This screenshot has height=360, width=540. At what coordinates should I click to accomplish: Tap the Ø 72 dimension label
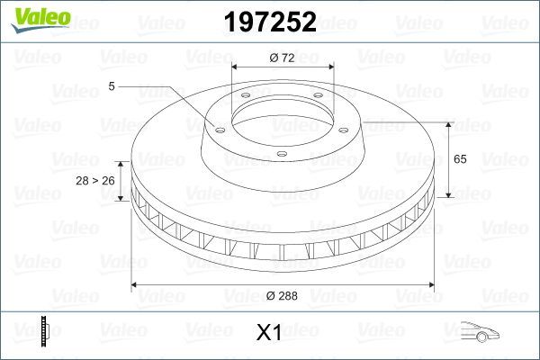[x=283, y=57]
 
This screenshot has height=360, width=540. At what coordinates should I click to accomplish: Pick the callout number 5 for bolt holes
[x=111, y=85]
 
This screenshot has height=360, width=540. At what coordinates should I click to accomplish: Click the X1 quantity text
[x=269, y=333]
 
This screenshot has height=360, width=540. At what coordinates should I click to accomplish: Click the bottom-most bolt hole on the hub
[x=282, y=155]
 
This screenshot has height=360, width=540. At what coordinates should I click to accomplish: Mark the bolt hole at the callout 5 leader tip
[x=217, y=127]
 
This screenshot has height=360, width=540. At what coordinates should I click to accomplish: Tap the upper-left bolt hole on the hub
[x=245, y=98]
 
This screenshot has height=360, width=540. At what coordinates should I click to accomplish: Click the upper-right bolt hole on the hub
[x=320, y=98]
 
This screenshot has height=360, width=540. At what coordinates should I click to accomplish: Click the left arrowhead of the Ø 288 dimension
[x=136, y=285]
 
